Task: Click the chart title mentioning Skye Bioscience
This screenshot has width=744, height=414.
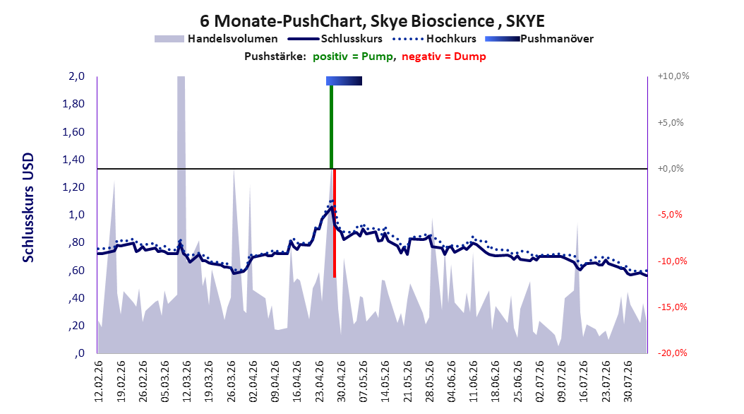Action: click(x=372, y=21)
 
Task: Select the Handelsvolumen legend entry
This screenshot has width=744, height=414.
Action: click(x=216, y=39)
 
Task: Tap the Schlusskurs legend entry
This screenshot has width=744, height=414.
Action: click(x=335, y=39)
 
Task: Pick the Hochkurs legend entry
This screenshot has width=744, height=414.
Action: click(x=435, y=39)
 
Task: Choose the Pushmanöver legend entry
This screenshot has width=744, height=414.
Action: click(x=539, y=39)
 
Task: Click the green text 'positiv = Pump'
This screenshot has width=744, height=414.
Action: click(x=353, y=57)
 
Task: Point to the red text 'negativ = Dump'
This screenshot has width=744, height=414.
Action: click(x=444, y=57)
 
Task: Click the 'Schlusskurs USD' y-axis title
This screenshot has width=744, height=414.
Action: click(x=28, y=208)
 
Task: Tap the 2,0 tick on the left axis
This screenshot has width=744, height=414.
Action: click(x=76, y=76)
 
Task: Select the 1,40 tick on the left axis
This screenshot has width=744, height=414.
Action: click(x=73, y=159)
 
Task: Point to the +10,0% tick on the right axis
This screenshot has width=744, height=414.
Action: click(x=673, y=76)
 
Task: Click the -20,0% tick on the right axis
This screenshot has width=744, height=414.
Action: click(x=672, y=353)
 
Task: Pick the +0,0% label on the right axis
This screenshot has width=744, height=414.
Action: click(x=671, y=169)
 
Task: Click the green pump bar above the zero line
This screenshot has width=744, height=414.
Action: click(x=331, y=126)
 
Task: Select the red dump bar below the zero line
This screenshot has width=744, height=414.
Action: click(x=335, y=223)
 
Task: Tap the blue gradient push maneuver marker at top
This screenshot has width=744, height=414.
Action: click(x=344, y=81)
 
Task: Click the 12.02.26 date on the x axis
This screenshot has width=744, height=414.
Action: click(x=99, y=382)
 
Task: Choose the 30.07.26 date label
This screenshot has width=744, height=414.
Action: click(x=628, y=382)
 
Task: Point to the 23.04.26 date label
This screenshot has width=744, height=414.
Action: click(x=319, y=382)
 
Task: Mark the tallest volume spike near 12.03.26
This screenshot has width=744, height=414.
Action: click(x=181, y=213)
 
